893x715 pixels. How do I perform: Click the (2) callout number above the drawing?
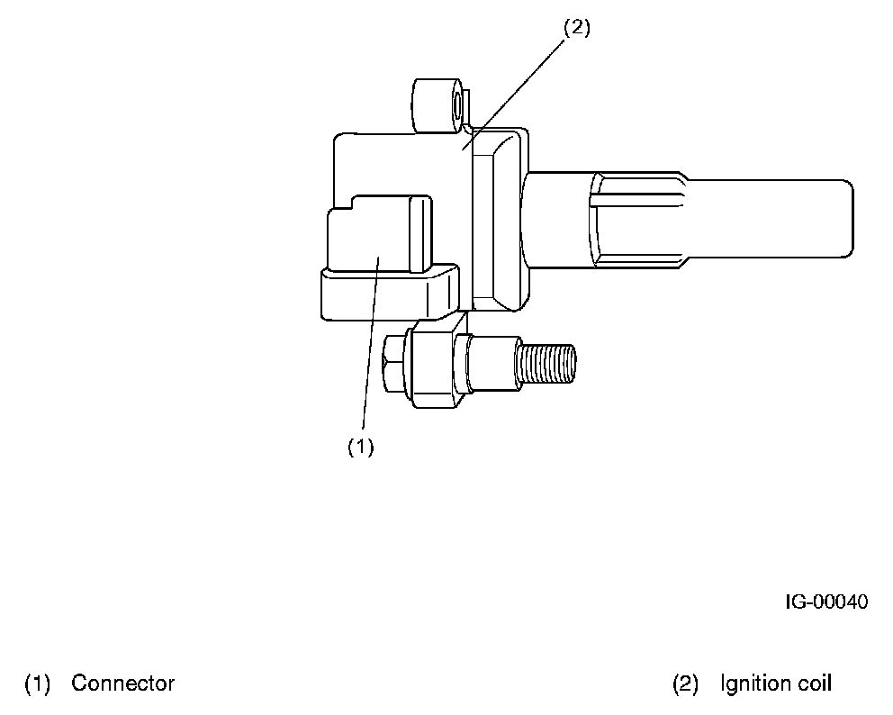point(576,28)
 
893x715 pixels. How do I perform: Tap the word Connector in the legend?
point(123,683)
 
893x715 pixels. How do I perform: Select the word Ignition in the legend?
point(753,683)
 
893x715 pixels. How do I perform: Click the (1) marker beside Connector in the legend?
point(37,683)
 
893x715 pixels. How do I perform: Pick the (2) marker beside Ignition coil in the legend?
point(686,683)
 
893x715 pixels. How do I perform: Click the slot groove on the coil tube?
point(635,193)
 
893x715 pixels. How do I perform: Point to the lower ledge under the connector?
point(387,293)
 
